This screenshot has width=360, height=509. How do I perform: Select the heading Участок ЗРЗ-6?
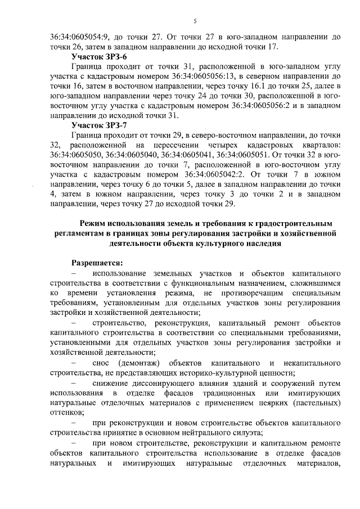(x=100, y=57)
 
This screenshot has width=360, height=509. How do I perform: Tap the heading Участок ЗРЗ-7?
(x=100, y=125)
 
